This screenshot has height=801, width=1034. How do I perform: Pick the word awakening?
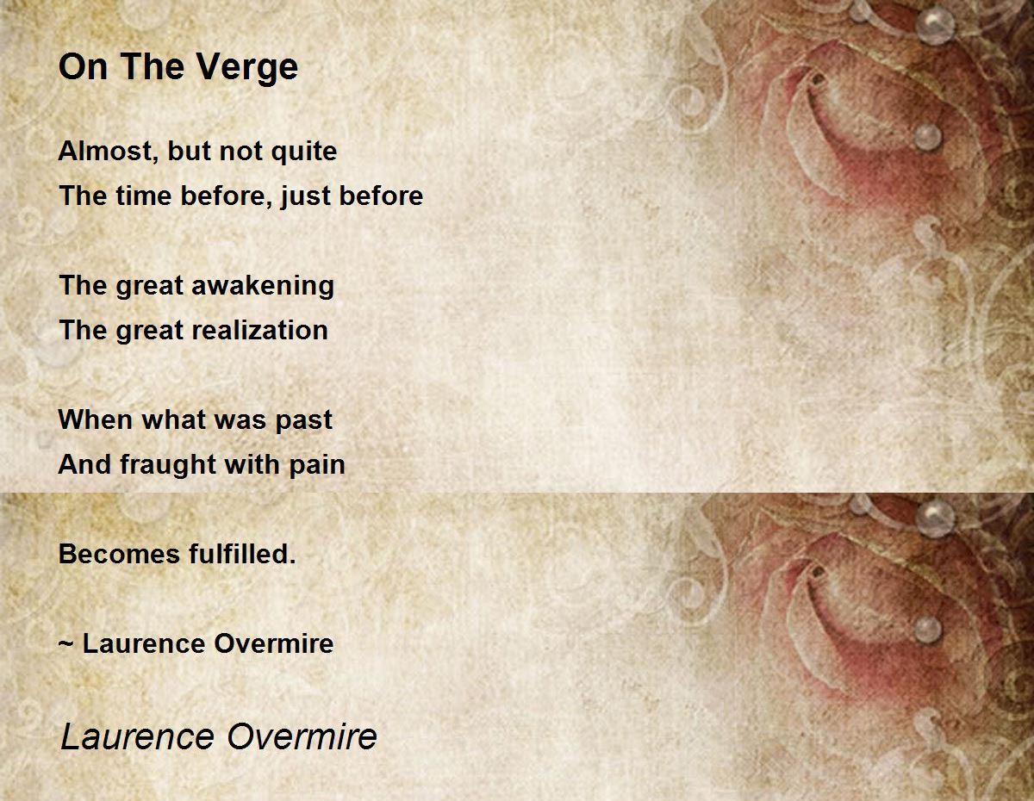click(x=263, y=286)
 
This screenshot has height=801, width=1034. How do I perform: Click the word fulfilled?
click(x=242, y=554)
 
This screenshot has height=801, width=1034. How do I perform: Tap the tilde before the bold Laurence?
click(x=65, y=643)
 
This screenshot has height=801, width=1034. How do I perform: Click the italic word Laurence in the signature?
click(x=138, y=736)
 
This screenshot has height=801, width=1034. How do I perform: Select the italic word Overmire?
click(x=302, y=736)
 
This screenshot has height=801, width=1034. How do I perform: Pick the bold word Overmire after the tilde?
click(x=274, y=643)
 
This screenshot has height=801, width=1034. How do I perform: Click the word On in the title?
click(x=83, y=67)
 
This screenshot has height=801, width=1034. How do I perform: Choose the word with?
click(x=252, y=465)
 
